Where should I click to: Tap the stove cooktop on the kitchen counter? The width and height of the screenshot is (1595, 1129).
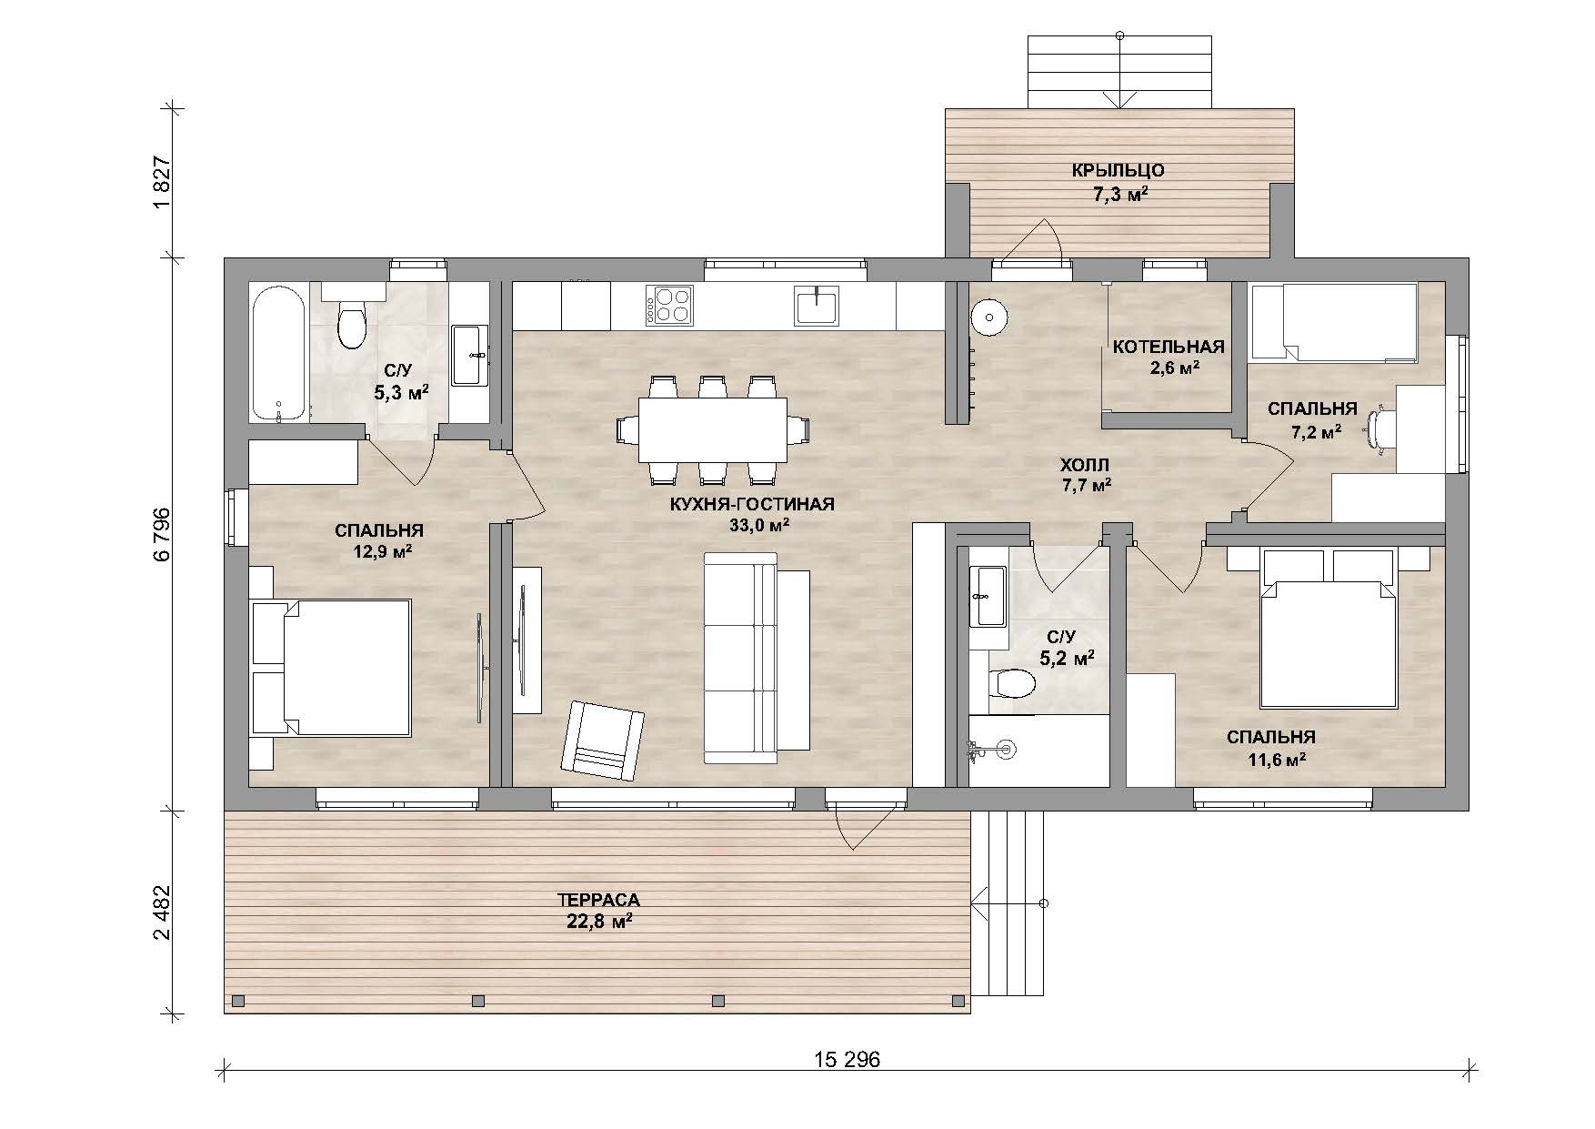pyautogui.click(x=669, y=305)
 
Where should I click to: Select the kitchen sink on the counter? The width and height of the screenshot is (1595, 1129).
pyautogui.click(x=818, y=305)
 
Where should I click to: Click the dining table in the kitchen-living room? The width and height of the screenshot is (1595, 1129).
pyautogui.click(x=713, y=429)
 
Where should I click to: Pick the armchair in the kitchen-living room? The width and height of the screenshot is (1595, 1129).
pyautogui.click(x=603, y=740)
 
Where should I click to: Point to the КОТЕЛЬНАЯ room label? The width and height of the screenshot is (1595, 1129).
pyautogui.click(x=1169, y=347)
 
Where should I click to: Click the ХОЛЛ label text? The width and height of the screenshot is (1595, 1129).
pyautogui.click(x=1087, y=465)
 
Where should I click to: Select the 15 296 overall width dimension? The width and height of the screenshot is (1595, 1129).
pyautogui.click(x=846, y=1060)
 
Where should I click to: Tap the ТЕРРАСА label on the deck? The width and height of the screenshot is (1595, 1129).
pyautogui.click(x=598, y=901)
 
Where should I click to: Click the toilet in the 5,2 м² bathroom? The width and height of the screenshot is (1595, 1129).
pyautogui.click(x=1011, y=682)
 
